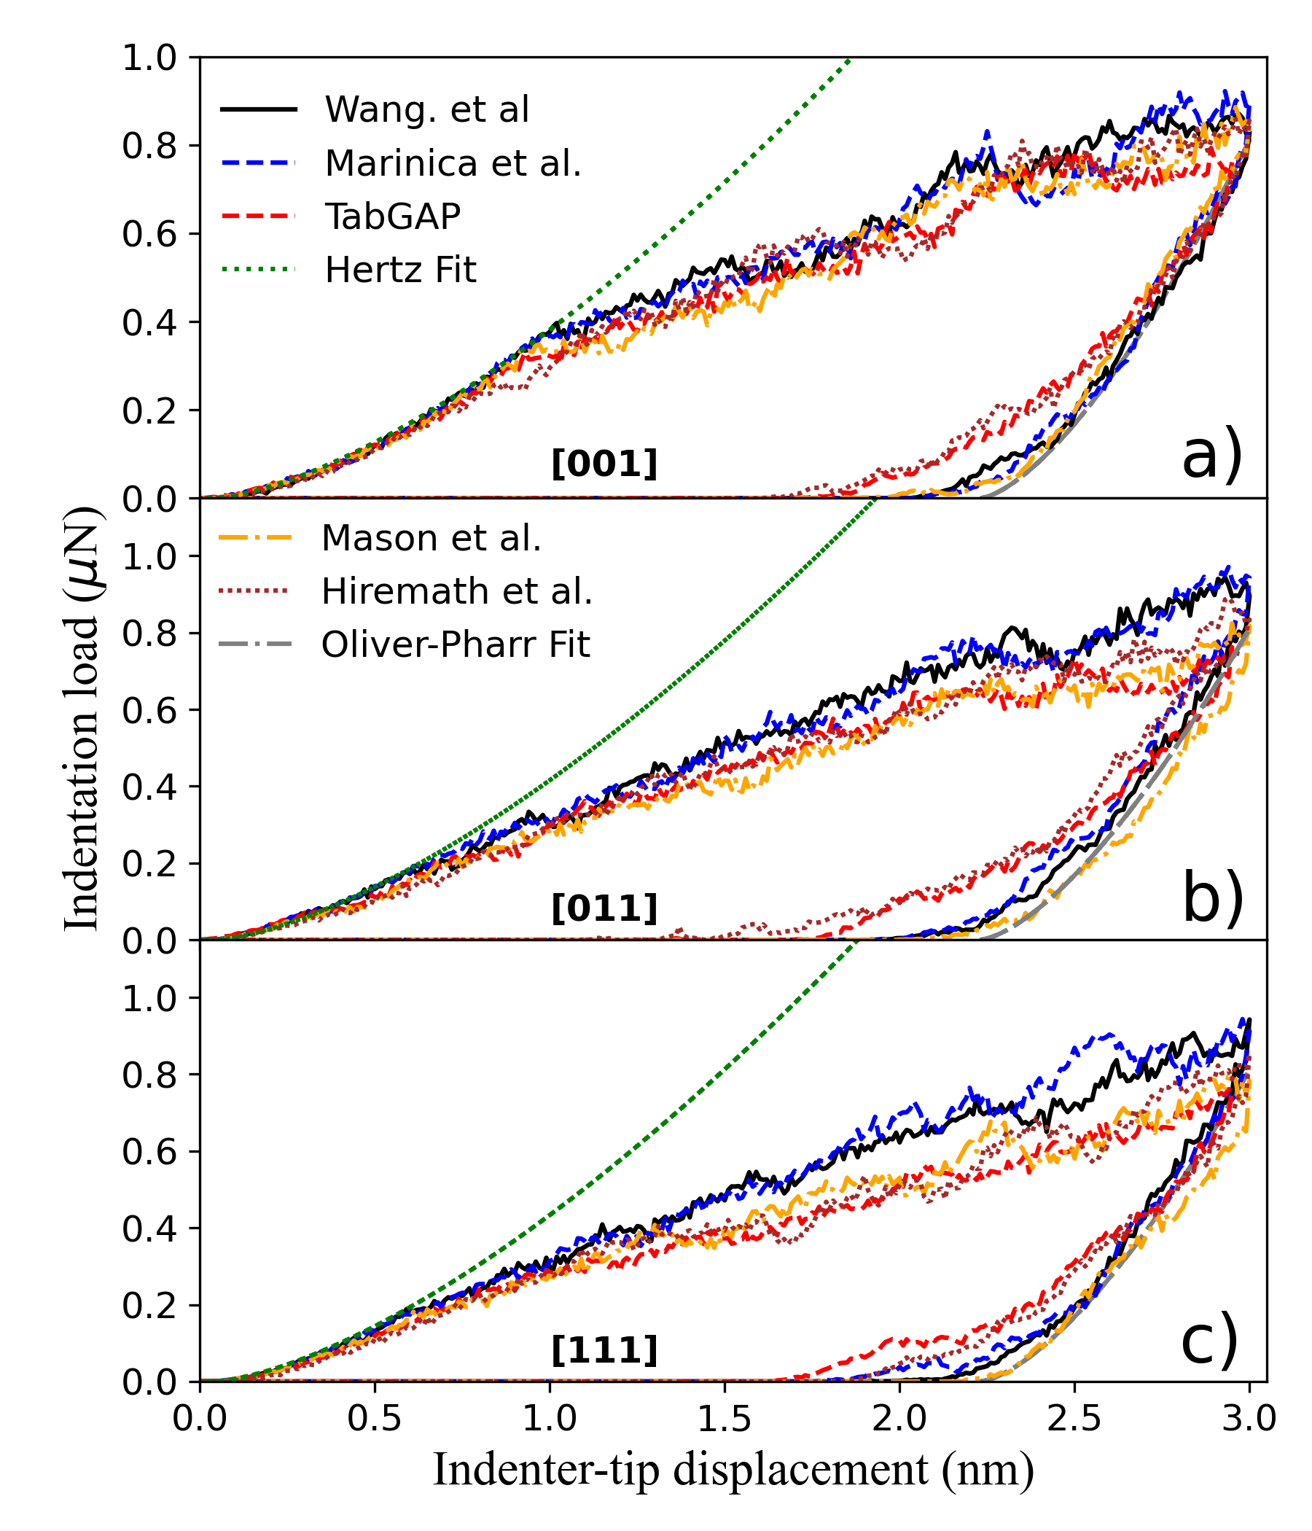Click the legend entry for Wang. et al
pyautogui.click(x=426, y=109)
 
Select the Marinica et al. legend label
pyautogui.click(x=453, y=163)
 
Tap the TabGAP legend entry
pyautogui.click(x=392, y=216)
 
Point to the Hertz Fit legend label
pyautogui.click(x=400, y=269)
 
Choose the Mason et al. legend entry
pyautogui.click(x=431, y=538)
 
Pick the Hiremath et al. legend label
pyautogui.click(x=456, y=591)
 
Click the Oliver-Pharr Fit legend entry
pyautogui.click(x=455, y=644)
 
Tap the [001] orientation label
pyautogui.click(x=604, y=464)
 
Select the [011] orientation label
pyautogui.click(x=604, y=908)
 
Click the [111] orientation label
pyautogui.click(x=604, y=1351)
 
